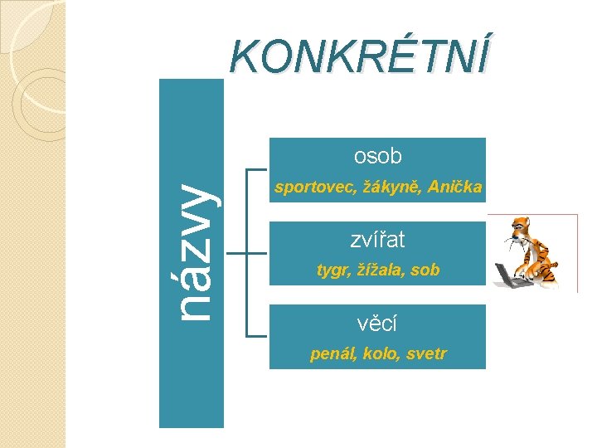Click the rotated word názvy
pos(192,251)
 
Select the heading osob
pos(377,155)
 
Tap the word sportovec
pos(312,188)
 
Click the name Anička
pos(455,188)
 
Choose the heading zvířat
pos(377,241)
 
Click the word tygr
pos(330,270)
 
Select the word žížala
pos(377,270)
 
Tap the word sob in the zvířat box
pos(425,270)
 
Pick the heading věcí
pos(377,323)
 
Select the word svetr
pos(426,354)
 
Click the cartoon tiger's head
pos(522,228)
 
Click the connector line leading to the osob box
pos(257,168)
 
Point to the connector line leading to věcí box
pos(257,335)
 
